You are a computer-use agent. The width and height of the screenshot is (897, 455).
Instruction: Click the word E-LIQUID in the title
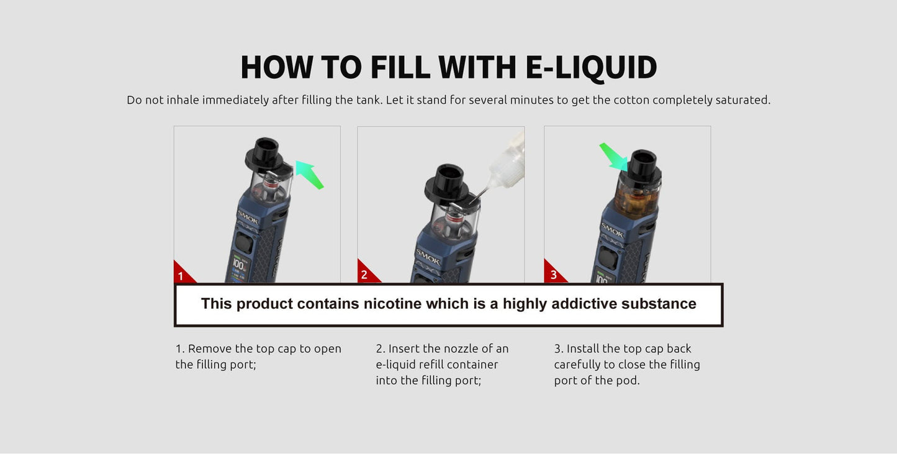[591, 67]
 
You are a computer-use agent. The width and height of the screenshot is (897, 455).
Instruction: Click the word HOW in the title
[276, 67]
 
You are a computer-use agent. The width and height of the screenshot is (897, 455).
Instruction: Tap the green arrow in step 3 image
[614, 157]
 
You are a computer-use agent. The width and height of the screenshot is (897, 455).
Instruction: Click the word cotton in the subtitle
[631, 100]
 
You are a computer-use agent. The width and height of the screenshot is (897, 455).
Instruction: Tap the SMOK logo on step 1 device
[248, 218]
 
